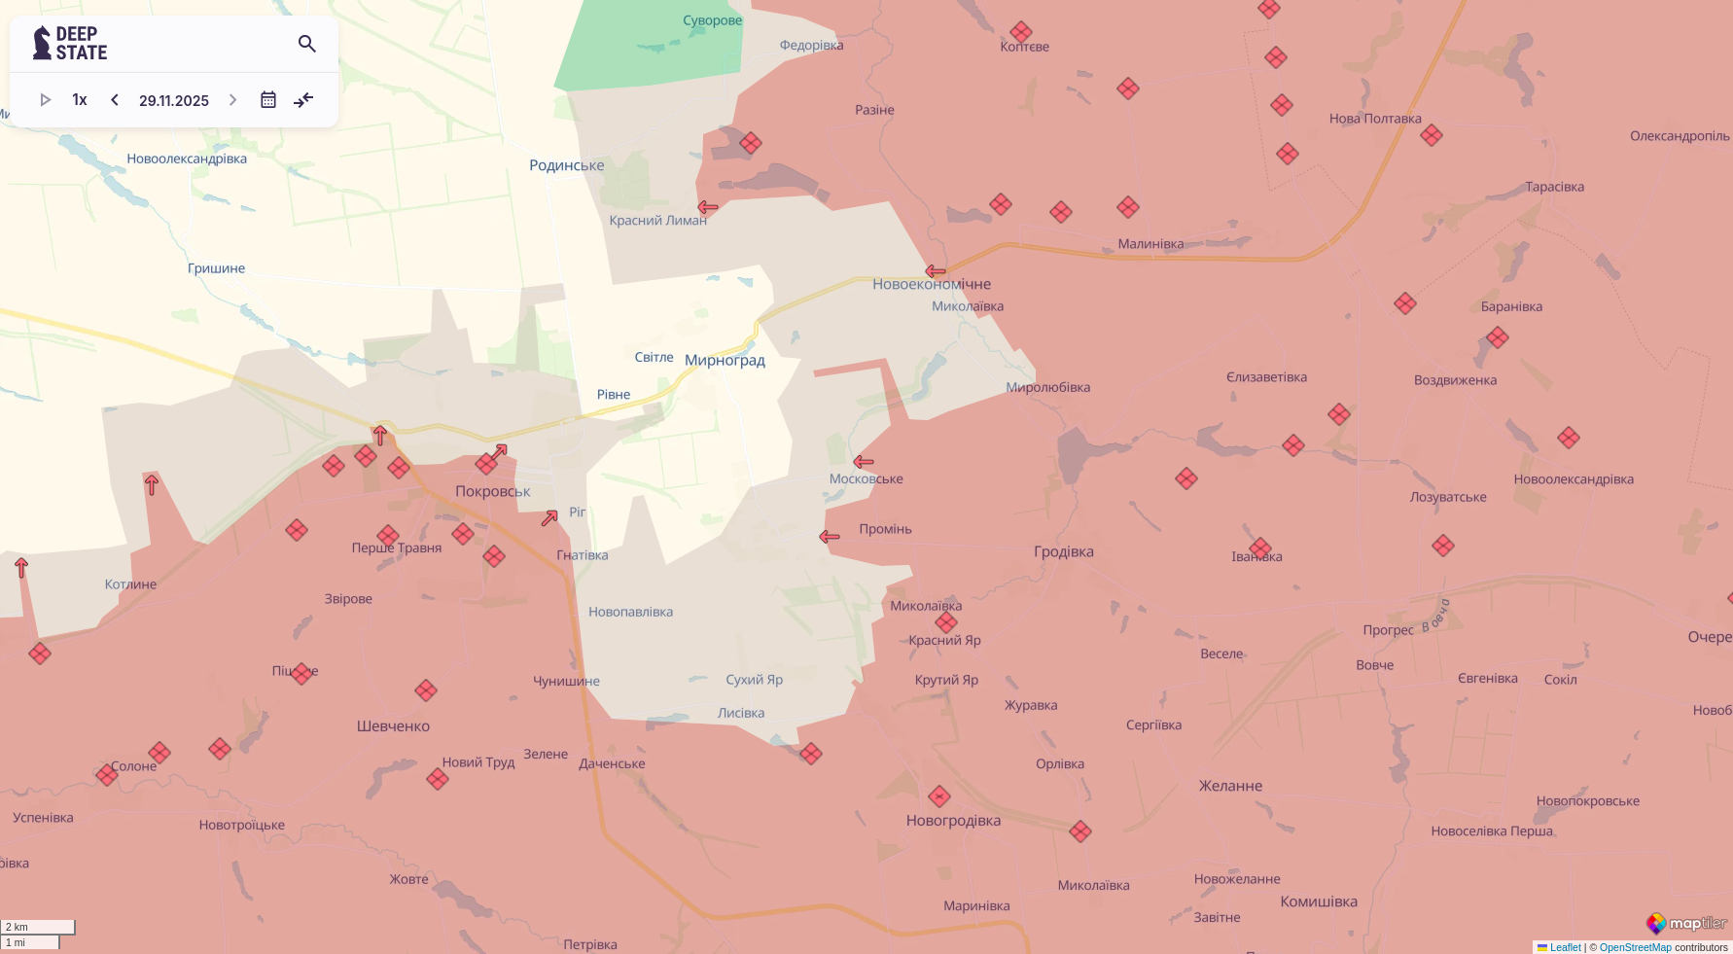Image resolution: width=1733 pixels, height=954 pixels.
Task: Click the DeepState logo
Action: pyautogui.click(x=70, y=44)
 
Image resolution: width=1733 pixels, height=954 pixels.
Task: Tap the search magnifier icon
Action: pyautogui.click(x=307, y=44)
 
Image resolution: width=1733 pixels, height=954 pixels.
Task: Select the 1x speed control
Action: pyautogui.click(x=80, y=100)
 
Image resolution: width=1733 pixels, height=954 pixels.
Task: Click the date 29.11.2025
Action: pyautogui.click(x=174, y=100)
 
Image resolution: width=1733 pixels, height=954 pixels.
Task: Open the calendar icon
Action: pyautogui.click(x=268, y=100)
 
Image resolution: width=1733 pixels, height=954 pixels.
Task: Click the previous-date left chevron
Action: pyautogui.click(x=115, y=100)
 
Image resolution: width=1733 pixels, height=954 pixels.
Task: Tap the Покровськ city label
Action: pyautogui.click(x=492, y=492)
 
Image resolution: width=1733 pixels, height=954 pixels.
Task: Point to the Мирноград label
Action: pyautogui.click(x=725, y=361)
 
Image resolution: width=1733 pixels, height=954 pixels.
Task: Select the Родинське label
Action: pyautogui.click(x=566, y=165)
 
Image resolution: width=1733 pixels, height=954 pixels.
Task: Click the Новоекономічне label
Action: pyautogui.click(x=932, y=285)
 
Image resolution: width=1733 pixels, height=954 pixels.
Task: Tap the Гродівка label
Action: pyautogui.click(x=1063, y=552)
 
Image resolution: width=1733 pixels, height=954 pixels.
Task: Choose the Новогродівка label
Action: pyautogui.click(x=953, y=821)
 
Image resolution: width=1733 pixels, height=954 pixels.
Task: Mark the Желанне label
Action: pyautogui.click(x=1230, y=787)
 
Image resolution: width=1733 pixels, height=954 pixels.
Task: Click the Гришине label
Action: pyautogui.click(x=216, y=268)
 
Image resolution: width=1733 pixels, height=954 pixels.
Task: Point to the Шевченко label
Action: pyautogui.click(x=393, y=726)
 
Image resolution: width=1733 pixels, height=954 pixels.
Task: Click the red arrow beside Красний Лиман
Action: pyautogui.click(x=708, y=207)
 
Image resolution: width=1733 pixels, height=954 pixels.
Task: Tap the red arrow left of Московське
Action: pyautogui.click(x=863, y=462)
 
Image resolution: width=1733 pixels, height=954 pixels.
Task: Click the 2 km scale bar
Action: pyautogui.click(x=38, y=927)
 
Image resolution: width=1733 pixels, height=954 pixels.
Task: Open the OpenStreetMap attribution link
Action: pyautogui.click(x=1635, y=947)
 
